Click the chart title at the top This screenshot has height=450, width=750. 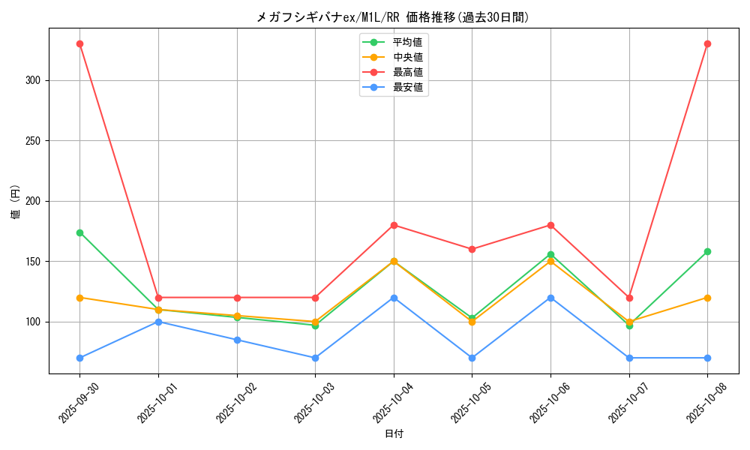pos(393,17)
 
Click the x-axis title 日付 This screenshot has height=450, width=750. pos(394,434)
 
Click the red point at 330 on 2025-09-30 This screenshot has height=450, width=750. pos(79,44)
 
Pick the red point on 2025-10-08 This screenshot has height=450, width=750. pos(707,44)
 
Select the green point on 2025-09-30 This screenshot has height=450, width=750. pos(79,232)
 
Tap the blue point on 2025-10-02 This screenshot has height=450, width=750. pos(237,340)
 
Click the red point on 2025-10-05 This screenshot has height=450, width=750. pos(472,249)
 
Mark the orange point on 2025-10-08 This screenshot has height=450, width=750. pos(707,298)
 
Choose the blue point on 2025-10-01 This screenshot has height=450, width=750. pos(158,322)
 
